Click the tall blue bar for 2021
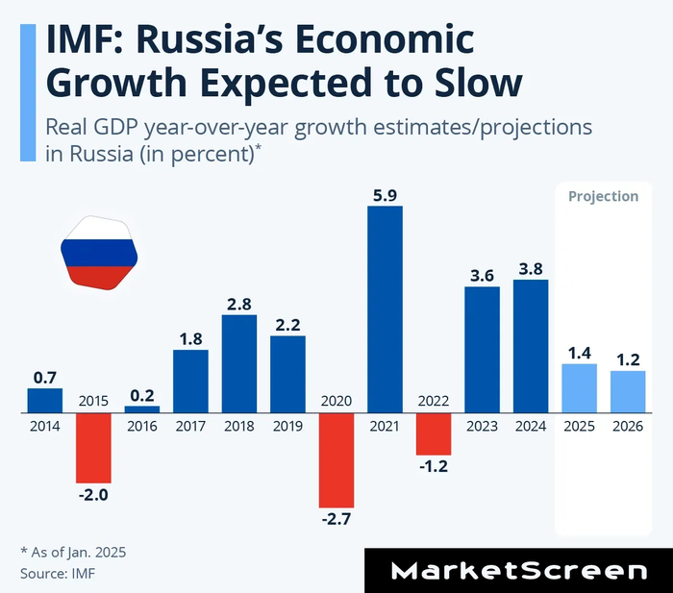(x=385, y=309)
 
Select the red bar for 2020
(x=336, y=460)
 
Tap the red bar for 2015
(x=94, y=448)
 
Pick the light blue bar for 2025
(x=579, y=388)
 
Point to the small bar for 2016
(x=142, y=409)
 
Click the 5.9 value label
(x=385, y=195)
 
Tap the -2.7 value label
(x=336, y=520)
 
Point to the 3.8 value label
(x=531, y=268)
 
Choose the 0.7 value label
(x=44, y=378)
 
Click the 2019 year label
(x=287, y=426)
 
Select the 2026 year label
(x=628, y=426)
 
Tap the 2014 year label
(x=44, y=426)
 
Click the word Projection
(x=603, y=196)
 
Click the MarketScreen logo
(x=518, y=571)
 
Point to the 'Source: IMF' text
(x=59, y=573)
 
